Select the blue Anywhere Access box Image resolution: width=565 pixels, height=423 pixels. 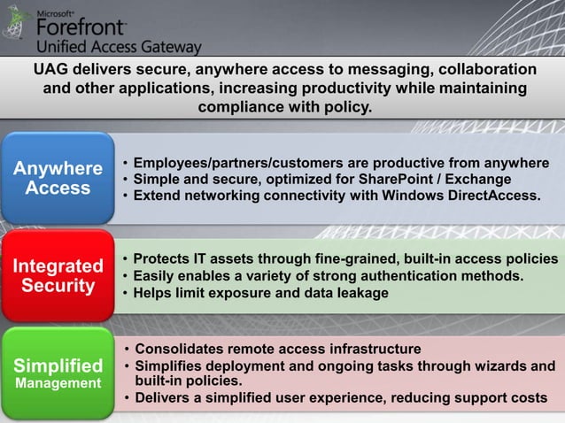[x=58, y=178]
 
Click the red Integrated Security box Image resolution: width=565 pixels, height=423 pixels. [x=58, y=275]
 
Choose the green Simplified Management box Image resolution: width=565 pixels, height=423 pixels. [x=58, y=373]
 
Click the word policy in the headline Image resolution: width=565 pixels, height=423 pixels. [x=346, y=108]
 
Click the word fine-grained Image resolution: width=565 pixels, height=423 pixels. [x=343, y=259]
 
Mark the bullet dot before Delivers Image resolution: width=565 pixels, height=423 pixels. [x=126, y=398]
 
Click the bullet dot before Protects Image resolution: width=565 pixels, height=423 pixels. [x=126, y=260]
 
